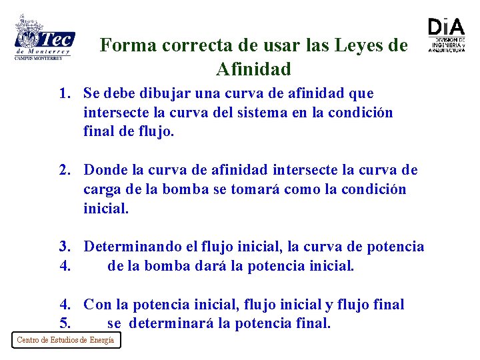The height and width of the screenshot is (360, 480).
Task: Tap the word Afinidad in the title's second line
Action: click(x=253, y=69)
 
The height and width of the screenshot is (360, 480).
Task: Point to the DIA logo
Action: click(x=446, y=34)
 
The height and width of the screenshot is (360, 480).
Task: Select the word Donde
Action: click(x=105, y=170)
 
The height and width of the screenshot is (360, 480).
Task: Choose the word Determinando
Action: click(x=132, y=247)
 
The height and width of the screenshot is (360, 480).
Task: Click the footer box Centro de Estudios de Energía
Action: click(x=65, y=340)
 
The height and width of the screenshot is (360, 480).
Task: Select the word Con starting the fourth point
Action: click(x=97, y=305)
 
